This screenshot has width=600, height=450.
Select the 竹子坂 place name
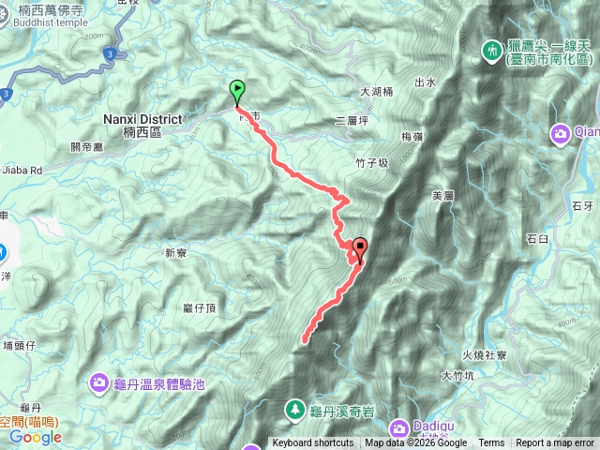click(x=371, y=163)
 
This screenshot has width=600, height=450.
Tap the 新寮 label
click(x=176, y=252)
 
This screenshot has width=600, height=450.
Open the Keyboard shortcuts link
click(x=313, y=443)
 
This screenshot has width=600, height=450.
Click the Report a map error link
click(x=555, y=443)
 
